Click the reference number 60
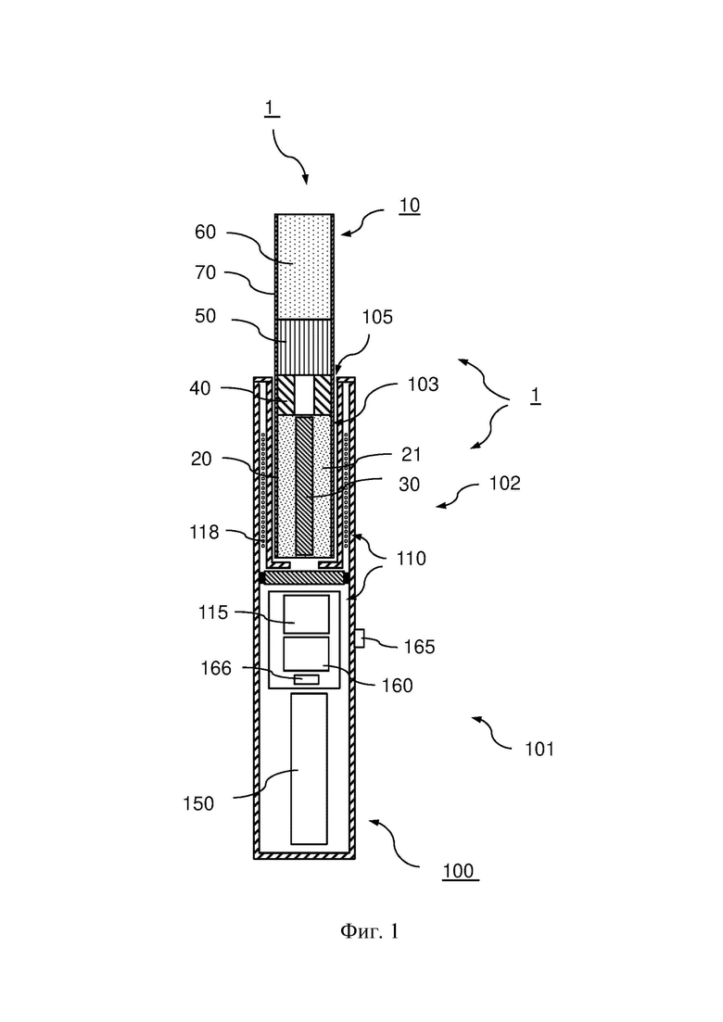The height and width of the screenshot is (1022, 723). coord(206,232)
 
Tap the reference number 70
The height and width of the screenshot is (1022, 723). coord(206,272)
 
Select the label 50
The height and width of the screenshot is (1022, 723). coord(206,316)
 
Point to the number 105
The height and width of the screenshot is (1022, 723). coord(378,318)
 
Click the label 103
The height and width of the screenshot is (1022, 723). coord(423,385)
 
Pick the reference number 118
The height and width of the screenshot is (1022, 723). coord(204,533)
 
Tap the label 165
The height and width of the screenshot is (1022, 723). coord(419,647)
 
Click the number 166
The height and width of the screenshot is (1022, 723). coord(217,668)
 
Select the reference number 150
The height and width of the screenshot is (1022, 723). coord(198,803)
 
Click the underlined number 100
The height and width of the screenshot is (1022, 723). coord(458,872)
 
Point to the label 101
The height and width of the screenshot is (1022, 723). coord(539,750)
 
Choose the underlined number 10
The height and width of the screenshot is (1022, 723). coord(410,206)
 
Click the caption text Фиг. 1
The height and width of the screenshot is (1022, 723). coord(369,931)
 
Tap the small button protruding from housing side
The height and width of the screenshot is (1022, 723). coord(360,637)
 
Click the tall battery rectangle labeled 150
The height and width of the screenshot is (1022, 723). coord(309,769)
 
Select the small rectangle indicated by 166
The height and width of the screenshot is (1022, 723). coord(307,680)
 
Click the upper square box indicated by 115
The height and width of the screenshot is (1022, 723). coord(306,614)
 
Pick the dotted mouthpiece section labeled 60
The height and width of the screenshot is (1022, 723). coord(304,267)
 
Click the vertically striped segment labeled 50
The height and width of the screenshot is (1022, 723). coord(304,348)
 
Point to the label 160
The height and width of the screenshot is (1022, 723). coord(398,686)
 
